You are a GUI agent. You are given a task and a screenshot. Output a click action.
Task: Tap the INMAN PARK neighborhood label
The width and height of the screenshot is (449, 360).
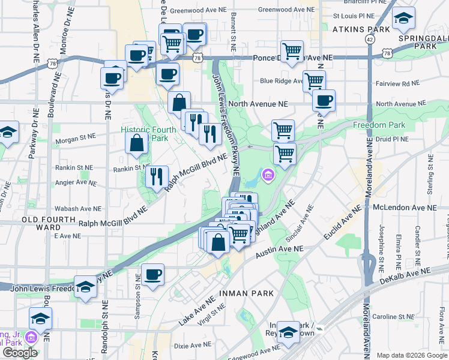point(248,293)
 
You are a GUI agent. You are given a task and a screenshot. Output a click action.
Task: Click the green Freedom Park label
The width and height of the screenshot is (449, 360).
point(379,125)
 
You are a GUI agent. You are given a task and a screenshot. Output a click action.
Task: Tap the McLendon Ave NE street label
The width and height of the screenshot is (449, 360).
point(405,208)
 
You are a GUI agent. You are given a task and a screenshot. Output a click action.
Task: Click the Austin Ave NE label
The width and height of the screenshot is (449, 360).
point(279,252)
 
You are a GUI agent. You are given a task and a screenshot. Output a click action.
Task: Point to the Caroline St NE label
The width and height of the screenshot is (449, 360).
point(393,316)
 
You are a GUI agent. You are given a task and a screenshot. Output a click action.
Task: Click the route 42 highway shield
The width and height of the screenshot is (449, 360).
point(368,38)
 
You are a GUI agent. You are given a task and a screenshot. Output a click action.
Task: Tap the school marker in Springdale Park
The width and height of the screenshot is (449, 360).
point(404,20)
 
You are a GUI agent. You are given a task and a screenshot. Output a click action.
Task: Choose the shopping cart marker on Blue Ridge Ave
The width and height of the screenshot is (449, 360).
point(314,81)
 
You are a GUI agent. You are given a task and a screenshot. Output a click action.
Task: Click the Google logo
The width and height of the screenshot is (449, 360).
point(20,352)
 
